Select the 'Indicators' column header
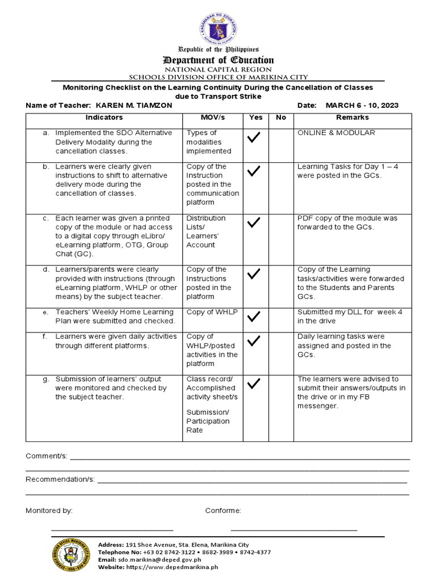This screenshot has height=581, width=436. tap(104, 117)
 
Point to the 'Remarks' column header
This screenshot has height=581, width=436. tap(352, 117)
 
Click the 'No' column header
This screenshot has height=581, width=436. tap(280, 117)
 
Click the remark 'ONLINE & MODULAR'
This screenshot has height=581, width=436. tap(336, 133)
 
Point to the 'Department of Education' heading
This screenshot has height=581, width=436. tap(218, 60)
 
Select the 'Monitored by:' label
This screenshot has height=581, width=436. tap(49, 511)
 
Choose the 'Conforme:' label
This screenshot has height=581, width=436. tap(223, 511)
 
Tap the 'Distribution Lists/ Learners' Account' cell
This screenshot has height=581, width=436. tap(206, 231)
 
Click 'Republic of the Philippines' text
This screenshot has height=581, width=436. tap(218, 50)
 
